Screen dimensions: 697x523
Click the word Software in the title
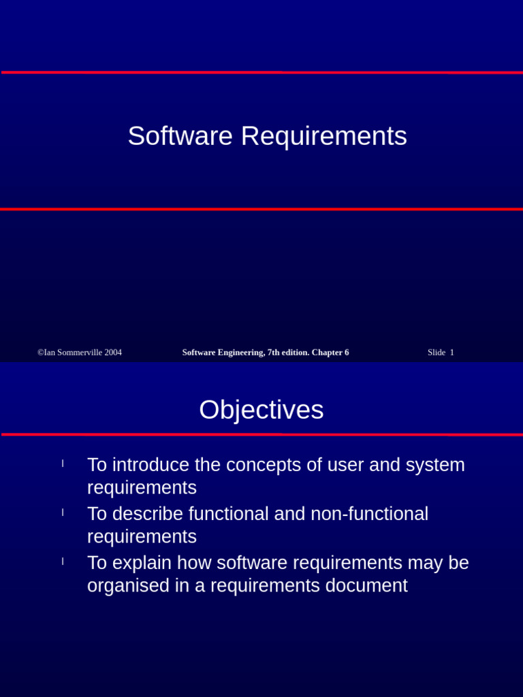click(180, 136)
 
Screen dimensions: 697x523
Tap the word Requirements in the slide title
click(323, 136)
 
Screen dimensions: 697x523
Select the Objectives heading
click(261, 410)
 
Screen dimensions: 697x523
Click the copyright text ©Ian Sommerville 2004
click(80, 353)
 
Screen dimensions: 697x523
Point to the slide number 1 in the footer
click(451, 353)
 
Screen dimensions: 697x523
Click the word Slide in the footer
click(437, 353)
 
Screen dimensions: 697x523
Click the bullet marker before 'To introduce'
click(63, 464)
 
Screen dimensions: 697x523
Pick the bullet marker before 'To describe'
click(63, 512)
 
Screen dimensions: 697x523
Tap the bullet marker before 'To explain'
click(63, 561)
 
